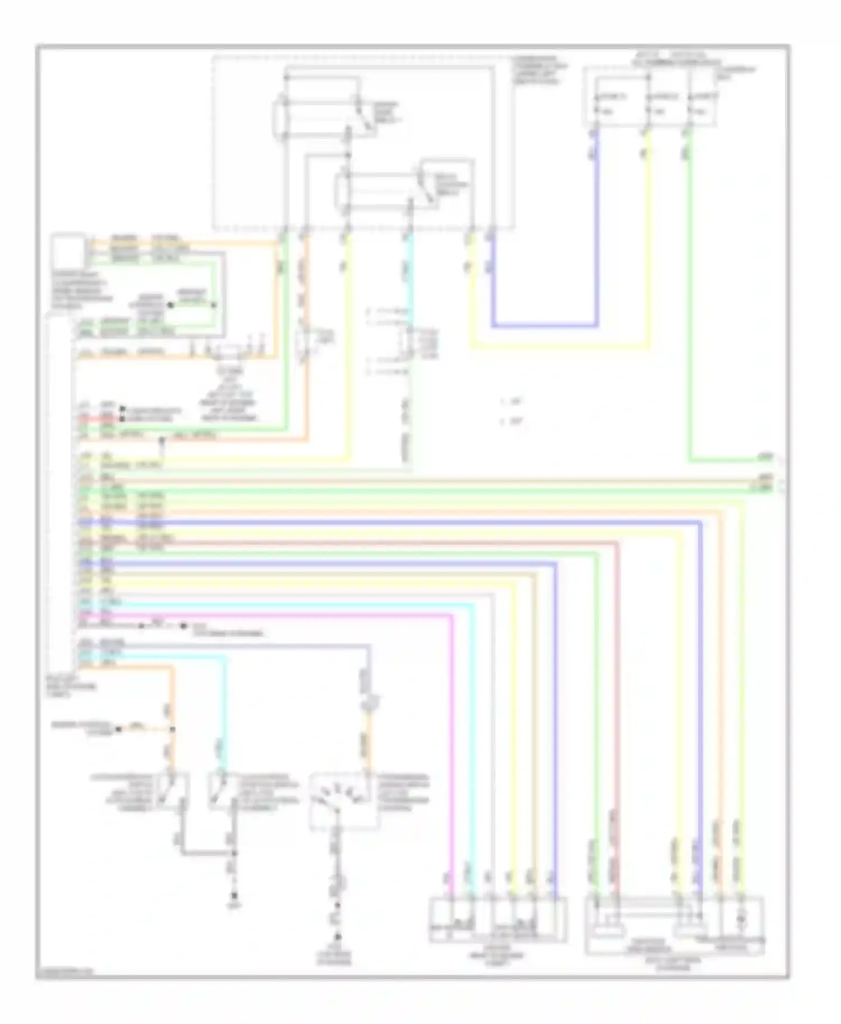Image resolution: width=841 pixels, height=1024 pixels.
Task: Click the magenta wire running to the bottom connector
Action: point(452,728)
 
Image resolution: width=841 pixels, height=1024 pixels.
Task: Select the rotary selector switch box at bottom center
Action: point(343,800)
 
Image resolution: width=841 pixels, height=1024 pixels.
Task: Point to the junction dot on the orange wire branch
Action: point(172,729)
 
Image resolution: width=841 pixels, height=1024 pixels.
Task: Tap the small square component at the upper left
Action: point(68,250)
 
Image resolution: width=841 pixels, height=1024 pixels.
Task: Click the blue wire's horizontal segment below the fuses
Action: point(544,325)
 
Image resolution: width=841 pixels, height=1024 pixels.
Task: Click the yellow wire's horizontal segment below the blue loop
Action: point(561,347)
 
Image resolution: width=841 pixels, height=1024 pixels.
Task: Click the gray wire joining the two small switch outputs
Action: point(207,853)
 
